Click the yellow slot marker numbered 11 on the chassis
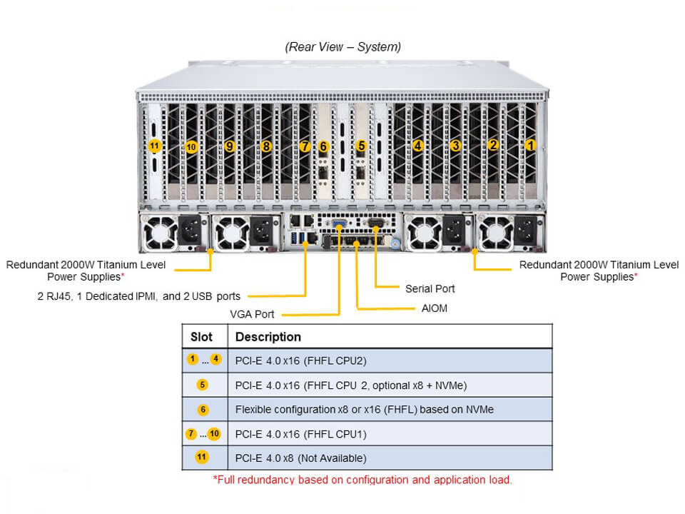(x=155, y=146)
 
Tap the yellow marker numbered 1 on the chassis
(x=530, y=145)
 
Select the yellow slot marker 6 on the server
(x=323, y=146)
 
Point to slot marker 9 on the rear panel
(x=229, y=146)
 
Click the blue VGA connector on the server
(x=339, y=223)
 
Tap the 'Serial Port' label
(x=430, y=288)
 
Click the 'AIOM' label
(x=435, y=308)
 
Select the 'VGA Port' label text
(x=252, y=314)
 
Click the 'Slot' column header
(x=201, y=336)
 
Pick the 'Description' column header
(x=268, y=336)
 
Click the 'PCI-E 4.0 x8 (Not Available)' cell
(x=300, y=458)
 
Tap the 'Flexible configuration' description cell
(x=365, y=410)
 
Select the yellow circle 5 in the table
(x=202, y=385)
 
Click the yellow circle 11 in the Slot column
(x=201, y=457)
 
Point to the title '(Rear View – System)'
(x=343, y=47)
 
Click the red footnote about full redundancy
(x=362, y=480)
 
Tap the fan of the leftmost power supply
(x=160, y=232)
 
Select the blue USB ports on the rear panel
(x=298, y=238)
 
